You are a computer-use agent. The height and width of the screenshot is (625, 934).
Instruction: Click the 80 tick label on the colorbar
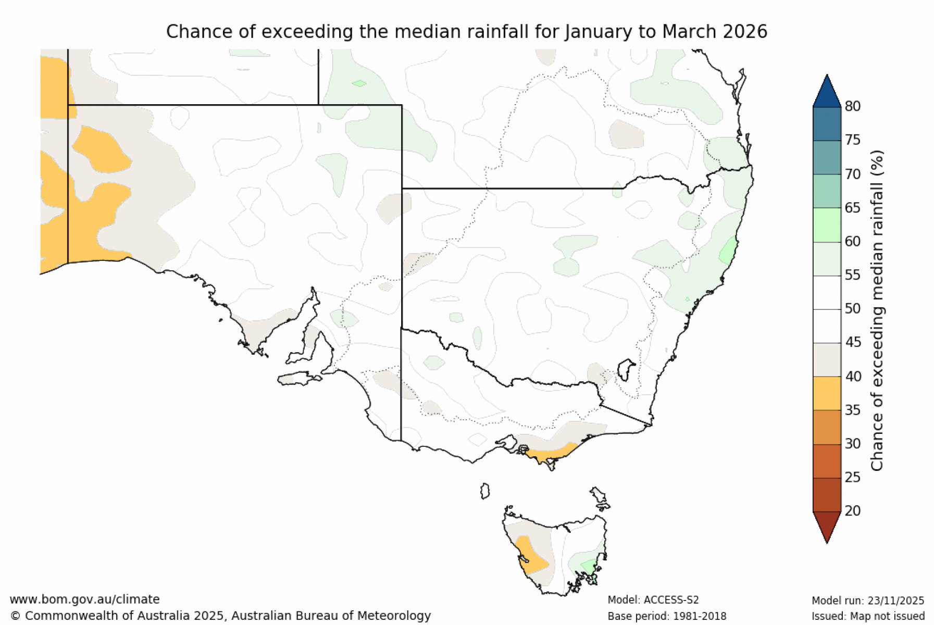tap(852, 106)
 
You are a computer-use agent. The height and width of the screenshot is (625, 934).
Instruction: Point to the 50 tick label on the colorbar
tap(852, 308)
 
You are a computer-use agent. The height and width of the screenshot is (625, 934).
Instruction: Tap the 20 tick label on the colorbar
tap(852, 511)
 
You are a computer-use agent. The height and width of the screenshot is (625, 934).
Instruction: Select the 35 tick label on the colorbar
tap(852, 410)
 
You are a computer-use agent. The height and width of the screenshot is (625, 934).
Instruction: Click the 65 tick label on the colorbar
tap(852, 208)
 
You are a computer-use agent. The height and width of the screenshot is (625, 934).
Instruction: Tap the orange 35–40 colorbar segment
tap(827, 393)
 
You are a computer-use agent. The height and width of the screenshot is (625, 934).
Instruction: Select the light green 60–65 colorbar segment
tap(827, 224)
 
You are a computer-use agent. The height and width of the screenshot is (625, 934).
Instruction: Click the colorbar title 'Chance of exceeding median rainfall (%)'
tap(877, 310)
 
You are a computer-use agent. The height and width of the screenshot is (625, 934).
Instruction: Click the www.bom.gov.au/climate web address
tap(84, 599)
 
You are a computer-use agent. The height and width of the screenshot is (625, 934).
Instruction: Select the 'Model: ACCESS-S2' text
tap(653, 600)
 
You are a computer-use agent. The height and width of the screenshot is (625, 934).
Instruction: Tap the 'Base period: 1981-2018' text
tap(667, 617)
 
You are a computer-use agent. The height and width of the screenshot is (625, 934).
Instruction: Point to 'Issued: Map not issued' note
tap(868, 617)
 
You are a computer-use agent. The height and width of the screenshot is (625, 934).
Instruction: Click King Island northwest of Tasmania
tap(485, 491)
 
